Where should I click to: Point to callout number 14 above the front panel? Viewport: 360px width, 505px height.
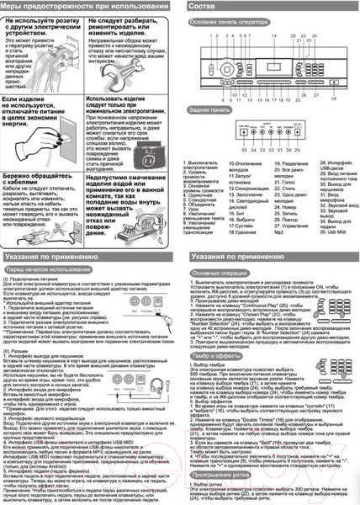(273, 37)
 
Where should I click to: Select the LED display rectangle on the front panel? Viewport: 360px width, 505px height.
(273, 60)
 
